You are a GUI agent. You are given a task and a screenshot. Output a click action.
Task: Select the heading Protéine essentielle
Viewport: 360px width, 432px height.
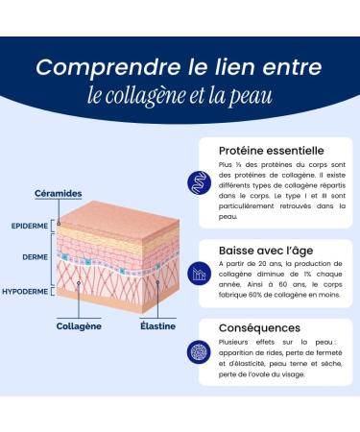coord(271,152)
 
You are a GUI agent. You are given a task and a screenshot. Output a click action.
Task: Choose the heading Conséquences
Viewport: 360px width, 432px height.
coord(259,328)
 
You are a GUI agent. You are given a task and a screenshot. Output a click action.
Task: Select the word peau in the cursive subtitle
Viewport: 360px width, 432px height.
coord(252,96)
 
